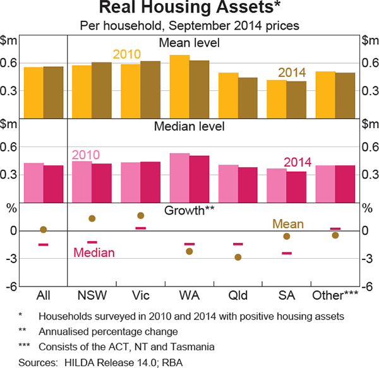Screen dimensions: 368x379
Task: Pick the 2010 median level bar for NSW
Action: [81, 182]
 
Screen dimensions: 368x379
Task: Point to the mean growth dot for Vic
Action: [141, 216]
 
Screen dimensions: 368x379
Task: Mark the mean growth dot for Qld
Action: [238, 257]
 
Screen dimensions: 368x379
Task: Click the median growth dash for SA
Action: [287, 253]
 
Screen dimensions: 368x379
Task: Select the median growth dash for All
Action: [44, 244]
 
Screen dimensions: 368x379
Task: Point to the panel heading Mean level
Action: [189, 42]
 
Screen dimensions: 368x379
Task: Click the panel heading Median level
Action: [189, 126]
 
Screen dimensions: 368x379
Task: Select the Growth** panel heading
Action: [189, 210]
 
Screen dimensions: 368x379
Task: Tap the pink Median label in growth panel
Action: [94, 252]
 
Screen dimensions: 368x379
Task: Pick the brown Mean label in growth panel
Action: [287, 223]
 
